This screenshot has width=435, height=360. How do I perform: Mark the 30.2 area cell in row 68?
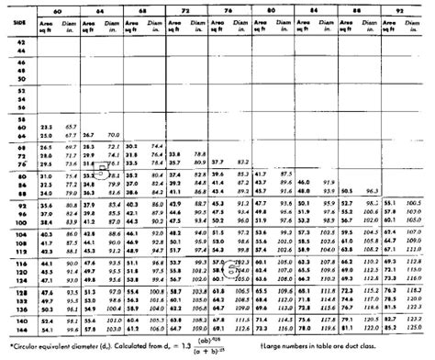[x=131, y=145]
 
